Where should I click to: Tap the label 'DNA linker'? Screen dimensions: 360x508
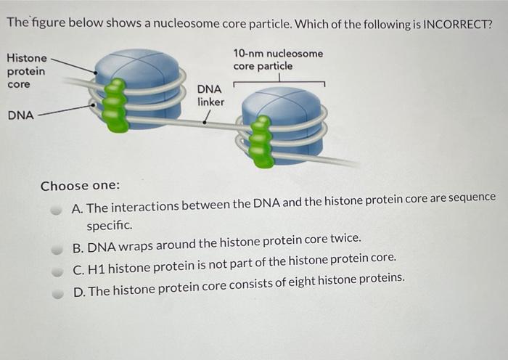point(210,95)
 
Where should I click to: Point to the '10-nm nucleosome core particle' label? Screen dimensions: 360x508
point(278,60)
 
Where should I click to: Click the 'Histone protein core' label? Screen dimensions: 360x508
point(26,71)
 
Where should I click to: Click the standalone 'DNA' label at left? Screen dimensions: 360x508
point(20,114)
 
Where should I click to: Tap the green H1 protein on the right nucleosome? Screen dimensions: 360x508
point(262,142)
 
